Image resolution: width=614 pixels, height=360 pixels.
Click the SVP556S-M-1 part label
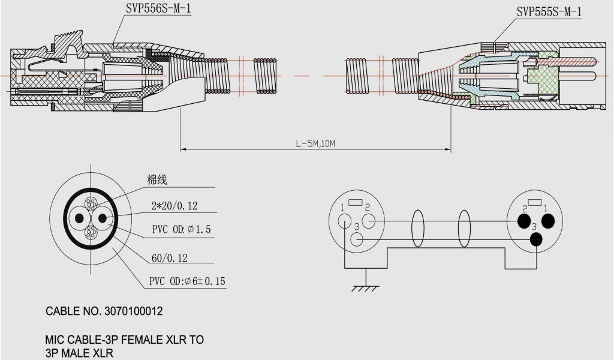pos(159,9)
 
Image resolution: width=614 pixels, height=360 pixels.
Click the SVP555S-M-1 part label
pos(549,12)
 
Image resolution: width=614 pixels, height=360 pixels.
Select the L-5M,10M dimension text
pos(315,144)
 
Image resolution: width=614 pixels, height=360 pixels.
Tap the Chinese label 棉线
pos(156,179)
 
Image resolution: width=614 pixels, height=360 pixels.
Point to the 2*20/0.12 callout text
pos(174,206)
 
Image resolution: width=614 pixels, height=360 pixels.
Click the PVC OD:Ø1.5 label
pos(181,230)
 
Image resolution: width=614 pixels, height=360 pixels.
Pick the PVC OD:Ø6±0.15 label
pos(188,281)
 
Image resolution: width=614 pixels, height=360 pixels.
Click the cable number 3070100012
pos(133,312)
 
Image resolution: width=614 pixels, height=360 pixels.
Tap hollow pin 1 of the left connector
pos(344,220)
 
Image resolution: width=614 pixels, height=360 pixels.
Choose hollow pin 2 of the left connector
pos(369,221)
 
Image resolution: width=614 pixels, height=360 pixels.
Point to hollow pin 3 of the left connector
pos(357,239)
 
